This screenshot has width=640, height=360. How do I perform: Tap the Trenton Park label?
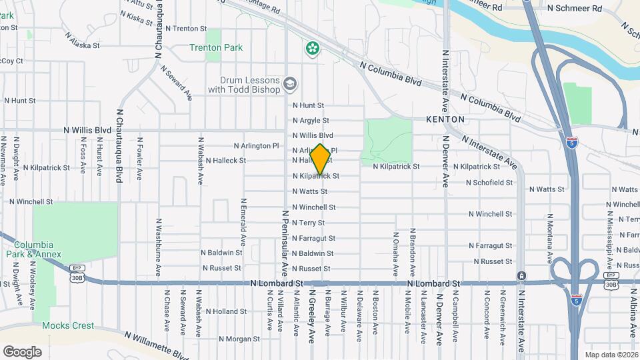(x=216, y=48)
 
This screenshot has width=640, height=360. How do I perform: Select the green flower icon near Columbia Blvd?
(x=312, y=48)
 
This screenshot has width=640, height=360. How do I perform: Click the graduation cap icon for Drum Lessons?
(x=289, y=84)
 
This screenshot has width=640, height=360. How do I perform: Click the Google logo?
(x=22, y=352)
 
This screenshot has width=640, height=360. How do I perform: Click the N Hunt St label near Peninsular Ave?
(x=308, y=105)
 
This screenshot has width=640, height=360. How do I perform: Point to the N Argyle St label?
(x=311, y=121)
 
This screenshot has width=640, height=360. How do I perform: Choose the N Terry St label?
(x=308, y=223)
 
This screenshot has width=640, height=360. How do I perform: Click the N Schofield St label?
(x=489, y=182)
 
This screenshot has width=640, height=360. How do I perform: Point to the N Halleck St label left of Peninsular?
(x=225, y=161)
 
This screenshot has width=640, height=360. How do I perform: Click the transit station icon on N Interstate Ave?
(x=521, y=276)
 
